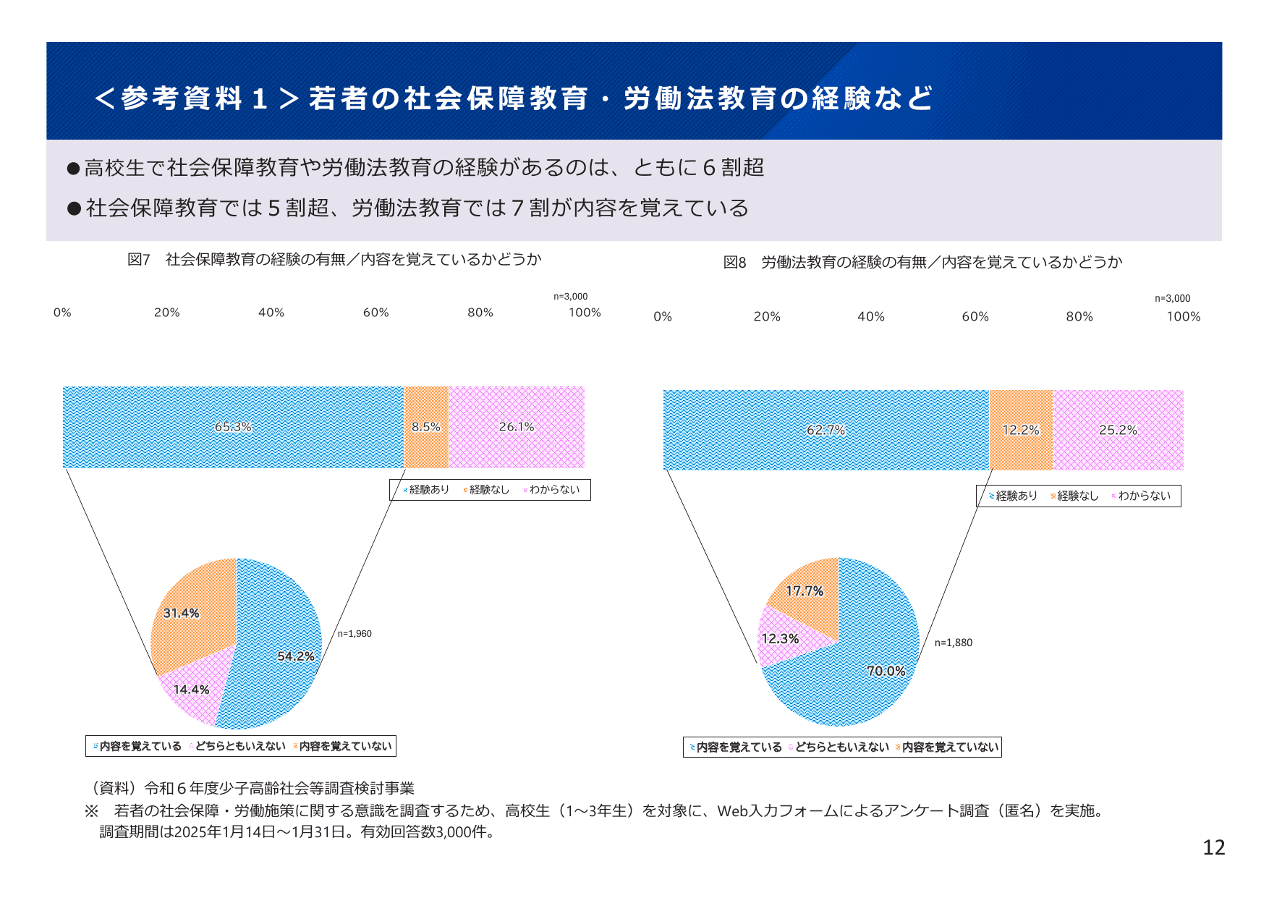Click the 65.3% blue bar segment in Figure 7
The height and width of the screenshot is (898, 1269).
pos(233,427)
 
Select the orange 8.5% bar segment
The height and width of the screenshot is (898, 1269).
pos(426,427)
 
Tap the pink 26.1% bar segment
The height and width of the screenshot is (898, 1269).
pos(517,427)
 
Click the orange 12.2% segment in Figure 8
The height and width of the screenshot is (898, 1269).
pos(1020,430)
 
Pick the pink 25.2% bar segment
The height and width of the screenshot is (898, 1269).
pos(1118,430)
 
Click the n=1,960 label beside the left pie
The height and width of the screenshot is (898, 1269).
pos(355,634)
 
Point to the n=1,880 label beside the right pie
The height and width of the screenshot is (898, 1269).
pos(953,643)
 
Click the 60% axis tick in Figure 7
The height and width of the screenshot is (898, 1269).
pos(375,313)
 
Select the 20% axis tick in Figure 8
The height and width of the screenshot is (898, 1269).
pos(767,317)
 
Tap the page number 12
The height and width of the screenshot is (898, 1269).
pos(1213,847)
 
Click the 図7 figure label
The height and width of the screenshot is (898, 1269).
pos(138,260)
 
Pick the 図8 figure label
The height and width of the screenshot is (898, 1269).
pos(734,263)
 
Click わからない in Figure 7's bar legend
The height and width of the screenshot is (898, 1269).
pos(553,490)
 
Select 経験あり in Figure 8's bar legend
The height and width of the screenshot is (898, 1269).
pos(1016,496)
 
